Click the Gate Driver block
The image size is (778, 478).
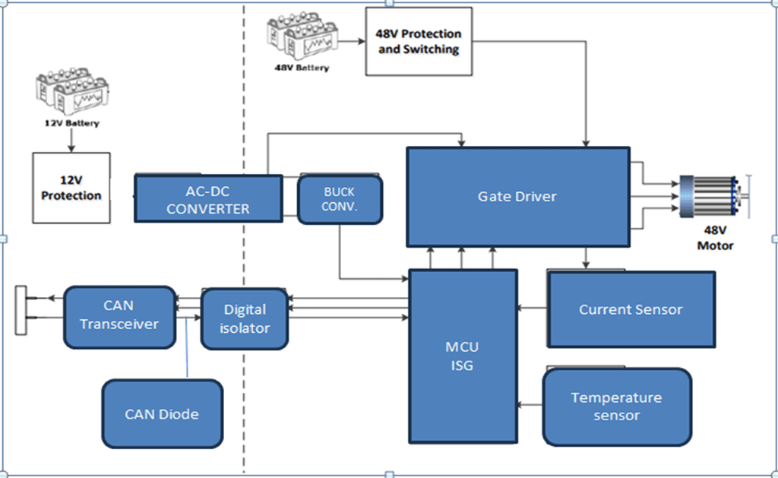pos(517,197)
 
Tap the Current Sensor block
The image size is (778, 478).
pos(631,309)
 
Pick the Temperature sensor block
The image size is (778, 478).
pos(616,407)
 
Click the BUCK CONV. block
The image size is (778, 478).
pos(339,199)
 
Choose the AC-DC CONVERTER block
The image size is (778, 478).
pos(207,199)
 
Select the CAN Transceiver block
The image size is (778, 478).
pos(119,315)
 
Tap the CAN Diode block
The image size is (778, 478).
pos(162,413)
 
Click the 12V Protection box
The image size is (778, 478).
pos(71,187)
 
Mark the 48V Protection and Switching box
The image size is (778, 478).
pos(418,42)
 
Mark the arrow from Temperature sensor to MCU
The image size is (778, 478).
pos(530,405)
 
